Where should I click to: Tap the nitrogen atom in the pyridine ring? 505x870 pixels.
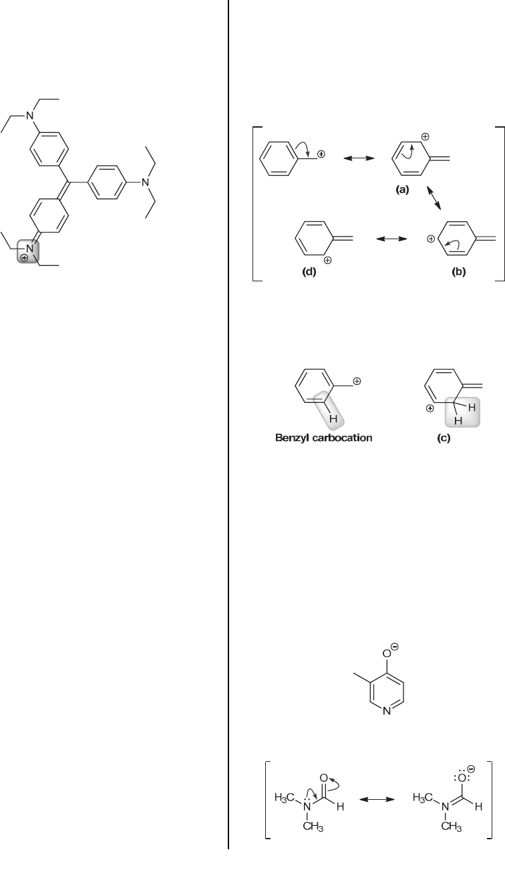tap(387, 729)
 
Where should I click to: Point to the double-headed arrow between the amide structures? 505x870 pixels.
tap(375, 800)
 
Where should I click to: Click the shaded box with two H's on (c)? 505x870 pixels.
tap(463, 409)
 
